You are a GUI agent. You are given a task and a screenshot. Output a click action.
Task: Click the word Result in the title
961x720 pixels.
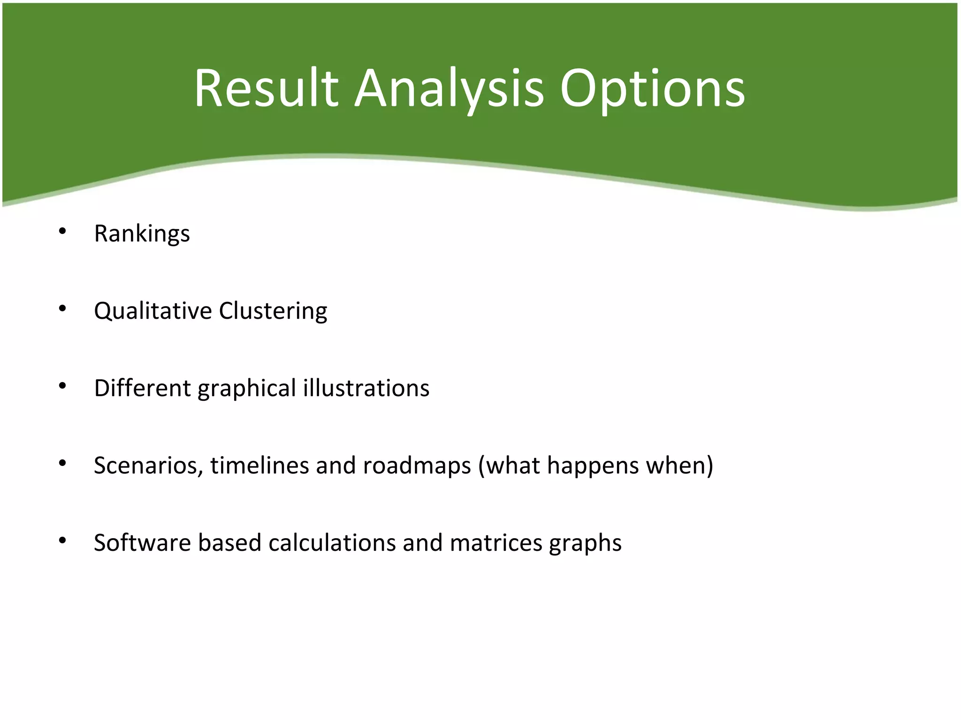[266, 89]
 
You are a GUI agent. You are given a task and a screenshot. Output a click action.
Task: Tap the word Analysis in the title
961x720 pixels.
[449, 89]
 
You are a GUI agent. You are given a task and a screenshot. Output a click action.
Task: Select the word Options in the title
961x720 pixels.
[652, 89]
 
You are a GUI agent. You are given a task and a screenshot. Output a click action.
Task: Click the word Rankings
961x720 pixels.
[142, 233]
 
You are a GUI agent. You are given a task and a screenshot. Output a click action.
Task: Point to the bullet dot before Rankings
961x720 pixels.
[62, 231]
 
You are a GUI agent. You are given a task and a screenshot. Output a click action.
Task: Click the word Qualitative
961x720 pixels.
[153, 311]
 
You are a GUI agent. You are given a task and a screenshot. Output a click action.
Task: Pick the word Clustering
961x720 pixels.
[273, 311]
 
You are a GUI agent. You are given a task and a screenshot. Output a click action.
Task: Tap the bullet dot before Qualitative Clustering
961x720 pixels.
[62, 308]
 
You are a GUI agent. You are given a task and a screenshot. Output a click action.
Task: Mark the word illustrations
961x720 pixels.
[366, 388]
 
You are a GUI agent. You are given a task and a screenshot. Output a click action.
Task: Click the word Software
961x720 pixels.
[142, 543]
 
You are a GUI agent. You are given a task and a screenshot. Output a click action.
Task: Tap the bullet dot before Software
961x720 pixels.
[62, 541]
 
